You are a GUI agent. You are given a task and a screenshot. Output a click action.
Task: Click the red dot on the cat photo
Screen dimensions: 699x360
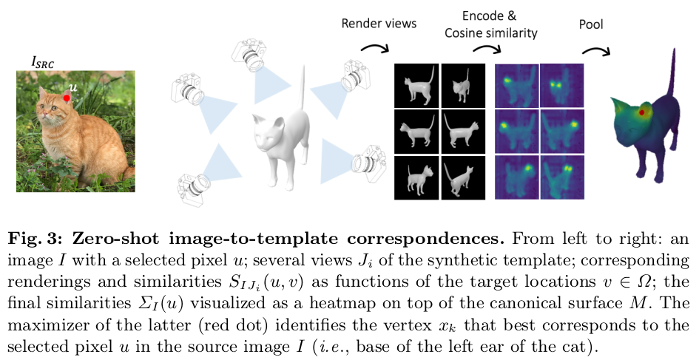click(x=67, y=97)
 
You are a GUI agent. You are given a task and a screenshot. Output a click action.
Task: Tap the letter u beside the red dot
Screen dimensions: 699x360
click(x=72, y=87)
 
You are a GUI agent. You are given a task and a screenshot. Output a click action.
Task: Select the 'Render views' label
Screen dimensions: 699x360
click(x=379, y=23)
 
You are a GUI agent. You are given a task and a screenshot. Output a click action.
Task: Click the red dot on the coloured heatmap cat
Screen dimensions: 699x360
click(x=644, y=112)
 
